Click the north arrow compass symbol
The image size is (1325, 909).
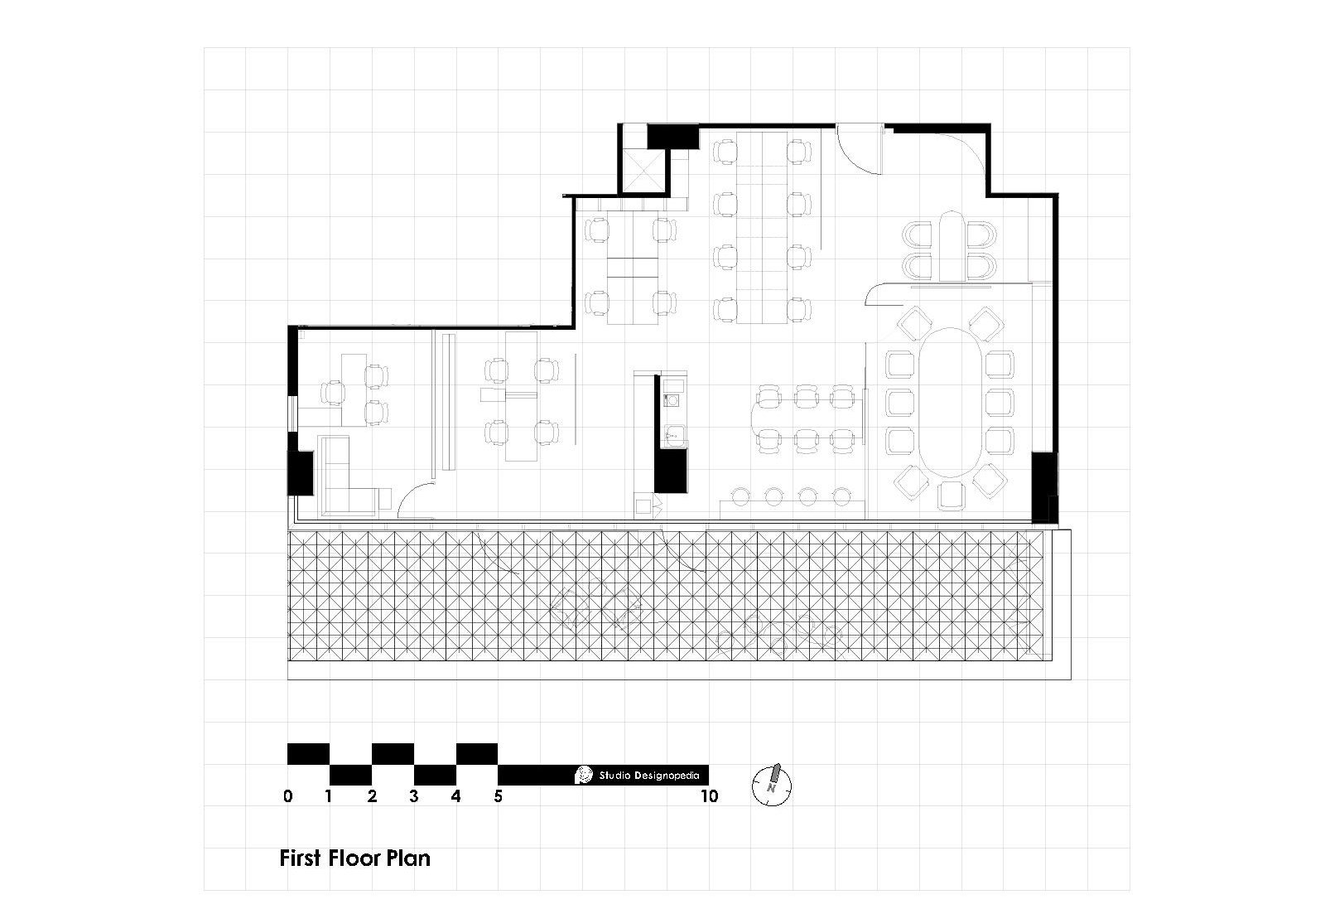click(x=772, y=783)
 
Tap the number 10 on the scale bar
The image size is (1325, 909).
click(x=708, y=797)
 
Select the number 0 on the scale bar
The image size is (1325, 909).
click(x=287, y=797)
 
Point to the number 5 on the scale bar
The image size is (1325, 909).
click(x=498, y=797)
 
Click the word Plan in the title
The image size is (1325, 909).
click(x=408, y=858)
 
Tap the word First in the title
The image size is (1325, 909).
click(x=300, y=858)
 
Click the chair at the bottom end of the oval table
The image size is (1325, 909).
click(x=951, y=495)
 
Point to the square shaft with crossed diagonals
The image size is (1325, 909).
click(x=643, y=171)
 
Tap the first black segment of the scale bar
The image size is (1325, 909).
click(x=308, y=754)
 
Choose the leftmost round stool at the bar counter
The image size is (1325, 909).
click(x=740, y=496)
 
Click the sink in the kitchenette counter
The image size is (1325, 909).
click(x=673, y=433)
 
